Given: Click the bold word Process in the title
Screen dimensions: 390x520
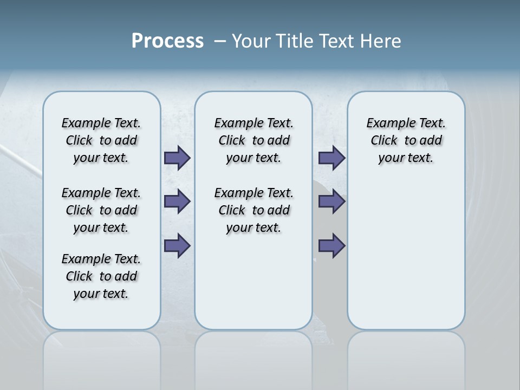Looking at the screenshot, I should point(167,41).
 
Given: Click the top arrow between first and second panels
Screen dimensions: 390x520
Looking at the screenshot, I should point(177,158).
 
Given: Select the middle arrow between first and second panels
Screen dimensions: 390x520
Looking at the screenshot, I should point(177,201).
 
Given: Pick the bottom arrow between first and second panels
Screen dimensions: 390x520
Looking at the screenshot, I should point(177,246).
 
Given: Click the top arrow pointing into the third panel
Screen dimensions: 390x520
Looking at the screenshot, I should point(331,158).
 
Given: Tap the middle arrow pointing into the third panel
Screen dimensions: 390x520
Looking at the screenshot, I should point(331,201).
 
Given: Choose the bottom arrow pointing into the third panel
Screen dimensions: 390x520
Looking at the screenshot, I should point(331,246).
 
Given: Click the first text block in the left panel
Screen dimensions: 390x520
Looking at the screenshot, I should point(101,140).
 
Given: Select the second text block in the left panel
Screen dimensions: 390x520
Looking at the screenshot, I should point(101,210).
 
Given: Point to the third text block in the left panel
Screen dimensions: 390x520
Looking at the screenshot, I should point(101,276).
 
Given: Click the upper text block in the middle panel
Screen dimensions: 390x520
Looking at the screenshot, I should point(254,140).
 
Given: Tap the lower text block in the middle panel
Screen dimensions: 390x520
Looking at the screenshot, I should point(254,210).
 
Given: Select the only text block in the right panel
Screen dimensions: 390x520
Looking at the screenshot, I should point(406,140).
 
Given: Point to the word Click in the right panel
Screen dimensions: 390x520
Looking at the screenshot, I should point(384,140).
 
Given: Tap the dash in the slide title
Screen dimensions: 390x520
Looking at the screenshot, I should point(220,41).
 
